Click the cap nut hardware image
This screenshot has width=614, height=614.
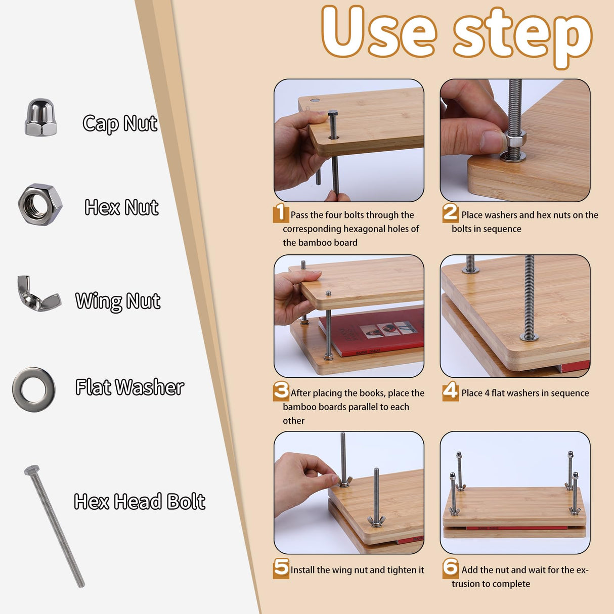(x=40, y=117)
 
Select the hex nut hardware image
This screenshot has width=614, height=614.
(x=40, y=204)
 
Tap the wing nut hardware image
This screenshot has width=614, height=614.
(x=38, y=294)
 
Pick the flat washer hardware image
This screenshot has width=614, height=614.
(x=34, y=389)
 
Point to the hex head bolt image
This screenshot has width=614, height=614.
(x=54, y=526)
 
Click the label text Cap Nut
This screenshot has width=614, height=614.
(x=120, y=123)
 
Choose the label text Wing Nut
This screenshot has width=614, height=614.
(x=118, y=301)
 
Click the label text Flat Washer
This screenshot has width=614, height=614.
(x=129, y=387)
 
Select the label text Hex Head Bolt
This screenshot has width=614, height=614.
(x=140, y=502)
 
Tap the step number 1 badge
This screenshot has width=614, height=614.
(x=281, y=213)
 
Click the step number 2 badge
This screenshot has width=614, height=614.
(x=450, y=213)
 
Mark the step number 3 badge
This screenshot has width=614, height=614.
(x=281, y=391)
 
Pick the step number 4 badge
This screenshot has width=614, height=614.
(x=450, y=391)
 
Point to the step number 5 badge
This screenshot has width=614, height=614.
(x=281, y=568)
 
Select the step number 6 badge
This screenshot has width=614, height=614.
(x=450, y=568)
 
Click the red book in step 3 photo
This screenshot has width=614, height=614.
(x=374, y=331)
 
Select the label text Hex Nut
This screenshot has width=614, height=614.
(x=121, y=207)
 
